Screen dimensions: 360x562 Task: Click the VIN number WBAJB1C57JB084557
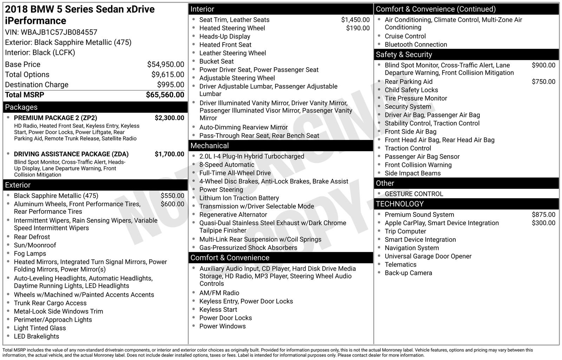tap(59, 32)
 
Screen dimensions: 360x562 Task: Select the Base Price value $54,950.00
tap(165, 64)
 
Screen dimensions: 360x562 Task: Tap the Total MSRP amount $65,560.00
tap(165, 95)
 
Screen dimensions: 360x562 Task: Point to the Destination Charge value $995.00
tap(170, 85)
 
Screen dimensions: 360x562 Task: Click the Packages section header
tap(21, 107)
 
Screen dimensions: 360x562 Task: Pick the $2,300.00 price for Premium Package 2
tap(169, 118)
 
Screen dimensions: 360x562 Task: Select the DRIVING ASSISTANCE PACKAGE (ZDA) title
tap(71, 154)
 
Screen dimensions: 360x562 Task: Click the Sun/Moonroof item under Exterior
tap(35, 245)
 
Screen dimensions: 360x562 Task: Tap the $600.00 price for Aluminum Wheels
tap(172, 204)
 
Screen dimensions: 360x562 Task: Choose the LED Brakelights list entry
tap(36, 336)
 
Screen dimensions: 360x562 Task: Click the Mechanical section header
tap(209, 146)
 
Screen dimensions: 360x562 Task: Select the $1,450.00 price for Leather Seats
tap(355, 20)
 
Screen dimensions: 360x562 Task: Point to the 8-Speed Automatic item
tap(227, 165)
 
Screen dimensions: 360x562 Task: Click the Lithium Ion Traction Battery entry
tap(239, 198)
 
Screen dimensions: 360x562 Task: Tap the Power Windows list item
tap(222, 326)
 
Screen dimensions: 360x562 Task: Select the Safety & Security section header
tap(404, 54)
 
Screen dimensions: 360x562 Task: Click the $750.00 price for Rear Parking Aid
tap(543, 82)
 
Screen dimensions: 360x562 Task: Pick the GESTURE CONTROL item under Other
tap(414, 194)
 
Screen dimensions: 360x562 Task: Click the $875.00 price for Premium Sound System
tap(543, 214)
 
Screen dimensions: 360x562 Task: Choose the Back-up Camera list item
tap(408, 273)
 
